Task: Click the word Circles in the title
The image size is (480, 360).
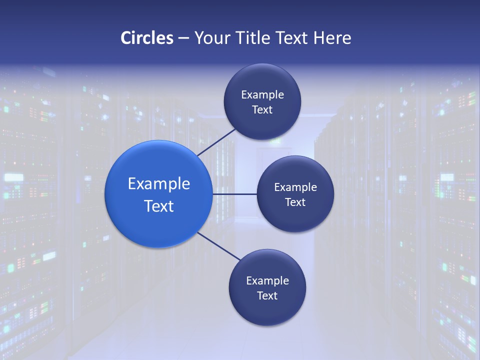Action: tap(147, 38)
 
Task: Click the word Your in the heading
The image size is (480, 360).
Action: tap(212, 38)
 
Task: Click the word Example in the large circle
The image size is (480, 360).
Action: tap(159, 184)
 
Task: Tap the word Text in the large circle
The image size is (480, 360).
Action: tap(159, 206)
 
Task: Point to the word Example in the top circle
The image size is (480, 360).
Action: tap(262, 95)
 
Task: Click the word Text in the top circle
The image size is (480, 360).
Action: tap(262, 110)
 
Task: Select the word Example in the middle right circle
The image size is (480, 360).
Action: tap(295, 187)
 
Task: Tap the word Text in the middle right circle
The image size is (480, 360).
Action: tap(295, 202)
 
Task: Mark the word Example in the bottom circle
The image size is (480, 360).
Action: tap(267, 281)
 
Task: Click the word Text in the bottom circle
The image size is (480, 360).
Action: tap(267, 296)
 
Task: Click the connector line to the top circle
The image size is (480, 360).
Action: tap(216, 142)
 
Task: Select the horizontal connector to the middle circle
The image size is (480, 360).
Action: tap(235, 194)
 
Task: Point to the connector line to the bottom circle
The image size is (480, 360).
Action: tap(219, 246)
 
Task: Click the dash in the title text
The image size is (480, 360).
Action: tap(183, 38)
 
